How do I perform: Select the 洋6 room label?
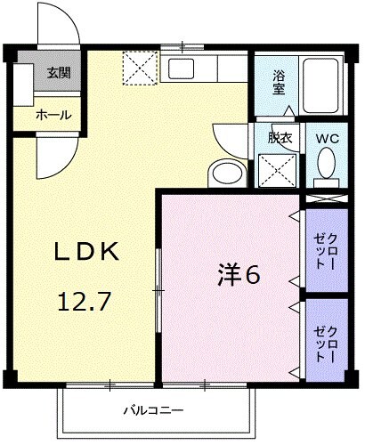tap(239, 276)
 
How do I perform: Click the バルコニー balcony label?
tap(153, 411)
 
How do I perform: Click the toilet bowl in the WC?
tap(327, 165)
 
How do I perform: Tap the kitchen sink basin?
tap(182, 69)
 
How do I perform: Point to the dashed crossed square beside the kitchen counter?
tap(140, 68)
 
